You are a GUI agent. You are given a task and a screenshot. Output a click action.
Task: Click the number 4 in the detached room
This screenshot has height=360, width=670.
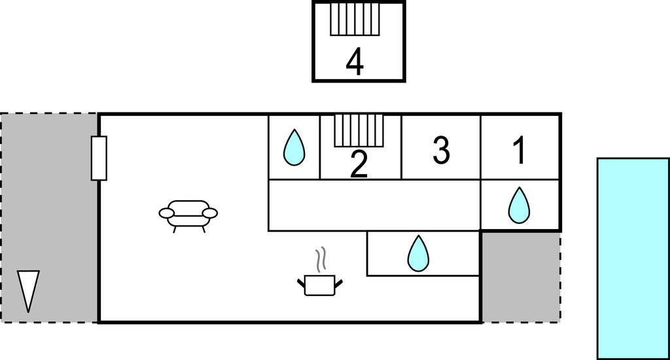355,63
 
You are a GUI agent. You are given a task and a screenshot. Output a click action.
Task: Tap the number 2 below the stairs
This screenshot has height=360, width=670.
359,164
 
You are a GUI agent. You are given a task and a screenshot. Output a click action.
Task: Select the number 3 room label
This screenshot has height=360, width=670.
442,151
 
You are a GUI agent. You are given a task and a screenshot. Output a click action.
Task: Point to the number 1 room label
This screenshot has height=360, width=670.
520,151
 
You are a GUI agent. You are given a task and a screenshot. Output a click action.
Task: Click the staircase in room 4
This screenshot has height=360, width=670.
355,19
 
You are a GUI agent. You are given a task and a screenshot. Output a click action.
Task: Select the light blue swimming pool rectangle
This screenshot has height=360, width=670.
633,258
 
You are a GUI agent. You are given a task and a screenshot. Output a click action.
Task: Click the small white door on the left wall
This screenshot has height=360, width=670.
99,158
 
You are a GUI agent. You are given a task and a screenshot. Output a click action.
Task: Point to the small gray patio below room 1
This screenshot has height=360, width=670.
520,276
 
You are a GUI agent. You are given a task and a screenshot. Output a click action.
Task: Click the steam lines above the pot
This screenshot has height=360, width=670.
320,260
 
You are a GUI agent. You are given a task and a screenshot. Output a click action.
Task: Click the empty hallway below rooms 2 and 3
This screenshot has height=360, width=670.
374,205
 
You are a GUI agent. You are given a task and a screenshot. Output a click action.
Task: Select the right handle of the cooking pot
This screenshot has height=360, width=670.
338,282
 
